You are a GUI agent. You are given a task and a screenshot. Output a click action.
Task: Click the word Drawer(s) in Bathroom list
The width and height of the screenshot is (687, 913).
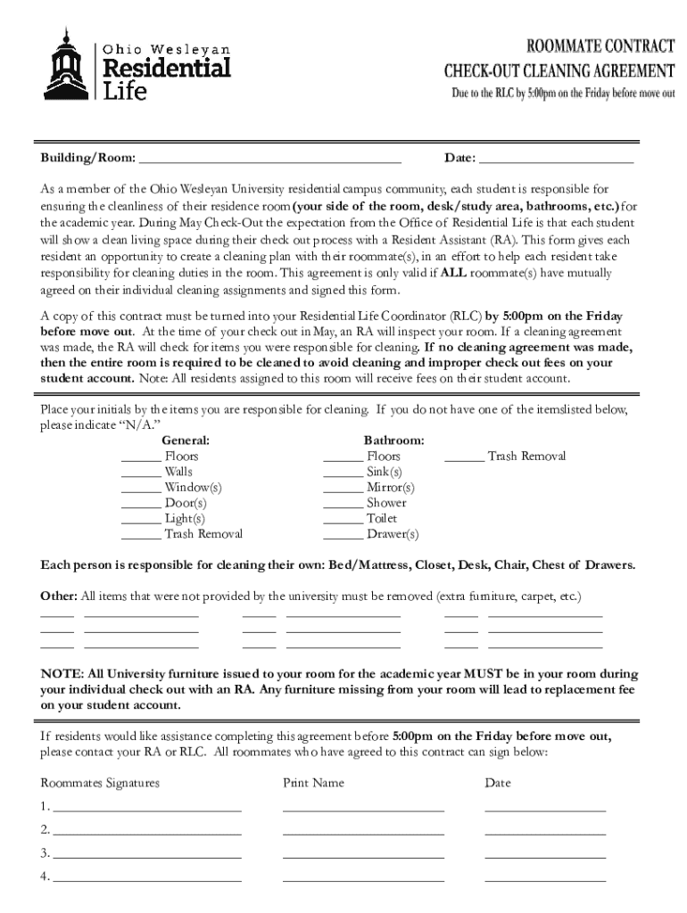click(x=392, y=535)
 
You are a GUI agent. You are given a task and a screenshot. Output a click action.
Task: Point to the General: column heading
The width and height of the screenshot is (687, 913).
click(x=186, y=440)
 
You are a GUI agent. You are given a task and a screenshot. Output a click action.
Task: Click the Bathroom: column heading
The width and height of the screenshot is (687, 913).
click(x=393, y=440)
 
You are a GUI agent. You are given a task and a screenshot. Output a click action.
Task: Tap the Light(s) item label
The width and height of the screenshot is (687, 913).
click(x=185, y=518)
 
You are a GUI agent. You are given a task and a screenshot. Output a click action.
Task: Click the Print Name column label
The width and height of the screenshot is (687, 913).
click(x=313, y=783)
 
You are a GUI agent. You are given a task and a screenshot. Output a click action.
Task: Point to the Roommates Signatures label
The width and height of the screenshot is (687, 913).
click(x=100, y=783)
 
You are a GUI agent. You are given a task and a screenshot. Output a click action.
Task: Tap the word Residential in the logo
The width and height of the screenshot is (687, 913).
click(x=168, y=68)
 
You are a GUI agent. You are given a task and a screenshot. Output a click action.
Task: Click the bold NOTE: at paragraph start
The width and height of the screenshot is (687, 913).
click(x=62, y=674)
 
